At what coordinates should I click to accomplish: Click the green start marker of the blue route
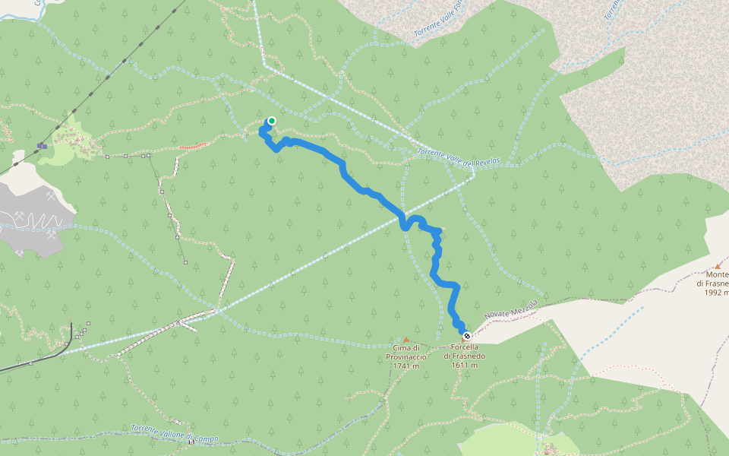[271, 120]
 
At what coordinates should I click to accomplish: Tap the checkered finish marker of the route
[466, 336]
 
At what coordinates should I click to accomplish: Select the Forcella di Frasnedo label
[464, 351]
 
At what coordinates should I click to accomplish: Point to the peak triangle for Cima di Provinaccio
[406, 340]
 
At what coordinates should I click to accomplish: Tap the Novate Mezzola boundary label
[510, 309]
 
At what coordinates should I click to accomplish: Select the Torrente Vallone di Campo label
[175, 433]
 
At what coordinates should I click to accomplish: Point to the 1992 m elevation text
[716, 293]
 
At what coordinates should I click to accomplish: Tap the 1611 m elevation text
[464, 366]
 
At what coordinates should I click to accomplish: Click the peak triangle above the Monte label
[718, 266]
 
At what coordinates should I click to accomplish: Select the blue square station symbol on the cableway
[43, 145]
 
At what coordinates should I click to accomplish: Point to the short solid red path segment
[192, 145]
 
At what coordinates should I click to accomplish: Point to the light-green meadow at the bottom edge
[501, 441]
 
